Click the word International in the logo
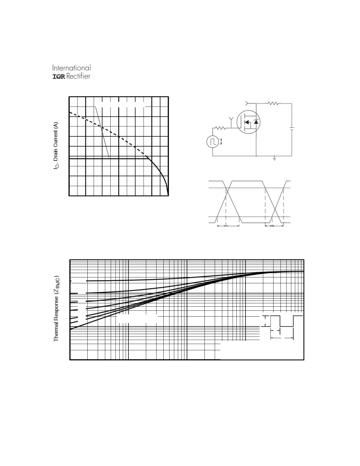[72, 68]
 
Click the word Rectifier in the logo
[78, 76]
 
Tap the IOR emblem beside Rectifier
[59, 76]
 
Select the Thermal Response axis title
[56, 309]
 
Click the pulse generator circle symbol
[212, 142]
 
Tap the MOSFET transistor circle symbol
[248, 122]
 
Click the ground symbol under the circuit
[274, 159]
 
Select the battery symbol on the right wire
[292, 129]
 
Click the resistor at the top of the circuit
[274, 103]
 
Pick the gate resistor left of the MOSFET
[220, 128]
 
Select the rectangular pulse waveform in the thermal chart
[282, 321]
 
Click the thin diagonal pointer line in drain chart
[102, 132]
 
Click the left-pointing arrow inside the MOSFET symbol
[247, 122]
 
